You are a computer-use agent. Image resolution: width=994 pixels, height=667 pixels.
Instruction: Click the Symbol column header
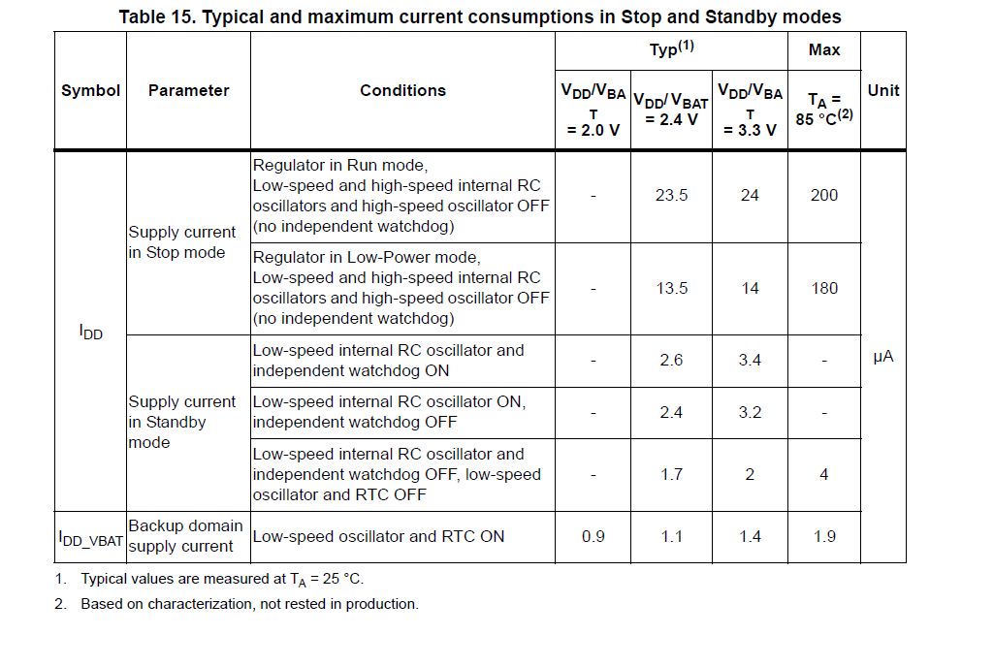(90, 91)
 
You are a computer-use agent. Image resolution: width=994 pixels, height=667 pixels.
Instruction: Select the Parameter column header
(188, 91)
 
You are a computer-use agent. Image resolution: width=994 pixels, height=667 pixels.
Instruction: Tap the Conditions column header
(402, 91)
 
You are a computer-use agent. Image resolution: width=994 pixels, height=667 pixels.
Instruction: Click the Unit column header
(883, 91)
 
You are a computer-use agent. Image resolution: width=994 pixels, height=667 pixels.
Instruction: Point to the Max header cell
(824, 49)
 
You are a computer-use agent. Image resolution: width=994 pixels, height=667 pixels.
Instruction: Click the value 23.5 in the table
(671, 195)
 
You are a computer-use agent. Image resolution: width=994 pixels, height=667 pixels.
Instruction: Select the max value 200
(824, 195)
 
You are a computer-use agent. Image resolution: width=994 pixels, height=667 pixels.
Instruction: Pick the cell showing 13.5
(671, 289)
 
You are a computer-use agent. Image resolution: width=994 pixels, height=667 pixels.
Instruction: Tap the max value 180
(824, 289)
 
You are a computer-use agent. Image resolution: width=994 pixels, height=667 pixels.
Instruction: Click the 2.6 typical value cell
(671, 360)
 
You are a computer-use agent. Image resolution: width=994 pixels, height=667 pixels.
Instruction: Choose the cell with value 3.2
(750, 413)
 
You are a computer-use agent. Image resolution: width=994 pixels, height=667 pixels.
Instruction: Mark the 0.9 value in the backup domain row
(593, 536)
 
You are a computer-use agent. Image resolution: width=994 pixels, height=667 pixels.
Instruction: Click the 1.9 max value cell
(824, 536)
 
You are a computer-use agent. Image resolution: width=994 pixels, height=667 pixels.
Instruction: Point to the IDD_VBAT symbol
(90, 539)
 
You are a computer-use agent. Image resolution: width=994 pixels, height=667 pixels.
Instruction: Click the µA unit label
(883, 357)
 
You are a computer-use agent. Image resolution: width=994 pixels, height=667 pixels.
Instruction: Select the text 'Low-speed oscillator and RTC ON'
(378, 536)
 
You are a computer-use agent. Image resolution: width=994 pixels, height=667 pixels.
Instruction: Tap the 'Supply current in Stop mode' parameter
(182, 242)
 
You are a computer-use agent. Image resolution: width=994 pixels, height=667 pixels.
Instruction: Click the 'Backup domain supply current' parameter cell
(186, 536)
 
